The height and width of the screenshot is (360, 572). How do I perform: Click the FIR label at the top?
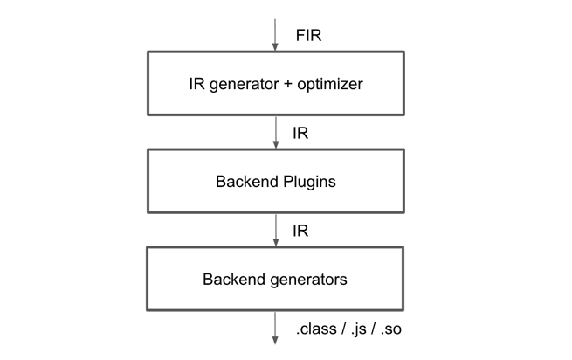(308, 36)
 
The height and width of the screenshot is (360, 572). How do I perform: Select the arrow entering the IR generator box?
(275, 35)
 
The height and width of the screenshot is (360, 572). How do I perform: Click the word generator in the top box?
(245, 85)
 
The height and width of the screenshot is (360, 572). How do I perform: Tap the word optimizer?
(330, 85)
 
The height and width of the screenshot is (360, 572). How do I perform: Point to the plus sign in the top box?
(288, 84)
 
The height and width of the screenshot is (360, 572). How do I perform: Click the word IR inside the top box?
(197, 84)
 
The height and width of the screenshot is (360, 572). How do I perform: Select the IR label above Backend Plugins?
(300, 134)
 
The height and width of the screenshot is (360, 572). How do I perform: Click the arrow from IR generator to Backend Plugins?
(276, 133)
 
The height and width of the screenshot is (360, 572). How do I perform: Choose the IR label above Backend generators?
(300, 231)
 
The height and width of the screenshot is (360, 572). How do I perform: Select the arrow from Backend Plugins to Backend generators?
(276, 231)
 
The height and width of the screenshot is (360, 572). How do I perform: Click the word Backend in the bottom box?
(235, 280)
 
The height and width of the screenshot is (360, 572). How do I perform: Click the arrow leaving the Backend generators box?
(275, 328)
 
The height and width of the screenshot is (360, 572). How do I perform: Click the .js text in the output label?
(359, 329)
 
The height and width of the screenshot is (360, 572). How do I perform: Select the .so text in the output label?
(391, 329)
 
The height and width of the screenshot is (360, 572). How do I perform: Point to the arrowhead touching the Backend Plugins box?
(276, 144)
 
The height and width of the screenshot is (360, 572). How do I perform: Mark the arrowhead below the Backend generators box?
(275, 340)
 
